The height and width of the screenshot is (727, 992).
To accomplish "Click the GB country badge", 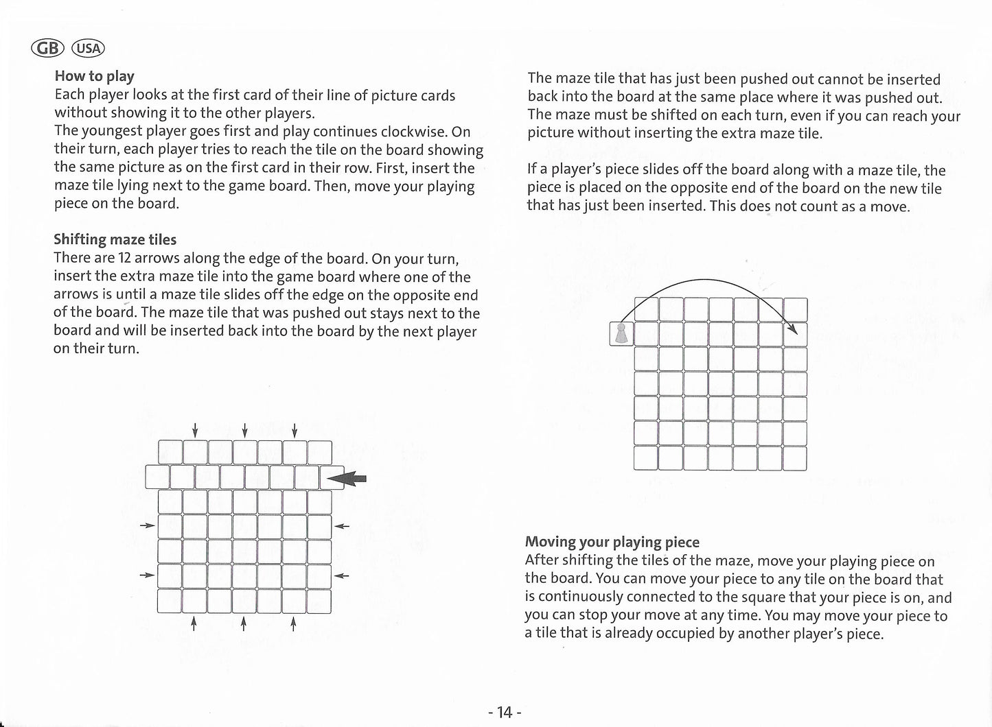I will pos(47,48).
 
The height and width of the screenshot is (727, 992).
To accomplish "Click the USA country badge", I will pos(89,48).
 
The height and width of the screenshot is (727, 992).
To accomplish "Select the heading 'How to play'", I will pos(94,76).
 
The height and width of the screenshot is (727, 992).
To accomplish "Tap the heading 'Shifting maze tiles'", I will pos(115,239).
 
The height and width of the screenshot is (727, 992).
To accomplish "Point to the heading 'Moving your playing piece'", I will pos(612,543).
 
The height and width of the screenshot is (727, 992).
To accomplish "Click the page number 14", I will pos(505,713).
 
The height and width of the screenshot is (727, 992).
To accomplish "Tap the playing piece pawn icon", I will pos(621,334).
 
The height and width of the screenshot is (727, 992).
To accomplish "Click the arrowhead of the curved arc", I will pos(794,330).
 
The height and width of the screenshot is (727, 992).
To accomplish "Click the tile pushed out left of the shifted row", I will pos(158,477).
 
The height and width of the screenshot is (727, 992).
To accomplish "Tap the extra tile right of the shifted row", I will pos(332,477).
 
